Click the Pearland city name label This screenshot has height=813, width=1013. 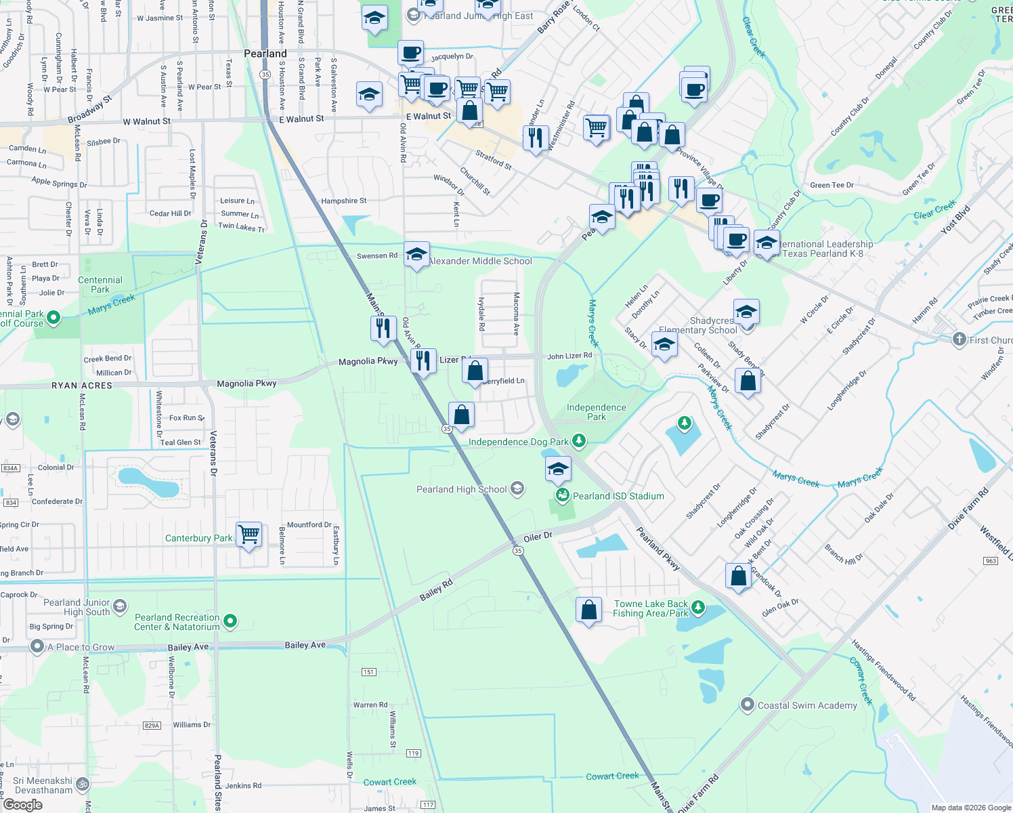265,54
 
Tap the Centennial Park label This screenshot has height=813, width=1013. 100,285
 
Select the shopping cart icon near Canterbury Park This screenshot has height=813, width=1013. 249,535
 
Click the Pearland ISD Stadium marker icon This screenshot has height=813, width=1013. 562,496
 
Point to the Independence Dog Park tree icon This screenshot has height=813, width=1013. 578,442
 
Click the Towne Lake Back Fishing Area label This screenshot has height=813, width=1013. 650,608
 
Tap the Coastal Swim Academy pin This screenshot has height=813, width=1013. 747,705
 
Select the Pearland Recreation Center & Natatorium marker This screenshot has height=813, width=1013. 230,621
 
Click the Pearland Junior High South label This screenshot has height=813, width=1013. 77,607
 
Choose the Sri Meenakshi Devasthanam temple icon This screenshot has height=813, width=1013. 82,784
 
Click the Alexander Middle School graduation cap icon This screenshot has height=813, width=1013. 416,255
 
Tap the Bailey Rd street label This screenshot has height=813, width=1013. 435,590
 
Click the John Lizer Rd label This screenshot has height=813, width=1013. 569,356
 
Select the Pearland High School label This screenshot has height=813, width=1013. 461,489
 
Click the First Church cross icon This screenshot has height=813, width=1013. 959,339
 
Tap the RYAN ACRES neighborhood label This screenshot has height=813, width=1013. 82,385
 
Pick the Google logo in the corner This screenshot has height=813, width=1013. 23,805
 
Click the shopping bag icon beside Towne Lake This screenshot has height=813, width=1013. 589,610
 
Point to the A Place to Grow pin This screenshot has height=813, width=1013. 37,647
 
